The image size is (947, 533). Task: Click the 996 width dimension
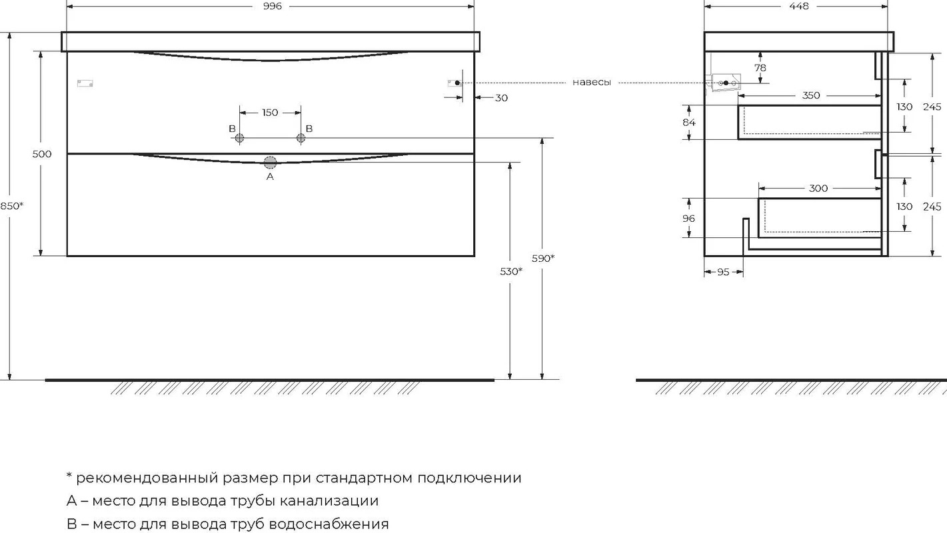[x=273, y=7]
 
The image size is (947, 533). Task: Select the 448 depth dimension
[x=798, y=7]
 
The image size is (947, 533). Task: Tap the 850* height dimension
[x=12, y=206]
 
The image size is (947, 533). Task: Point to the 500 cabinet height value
[x=42, y=154]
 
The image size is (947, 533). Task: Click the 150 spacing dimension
[x=270, y=113]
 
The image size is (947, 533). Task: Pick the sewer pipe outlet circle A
[x=270, y=163]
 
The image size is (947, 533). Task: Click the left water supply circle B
[x=240, y=138]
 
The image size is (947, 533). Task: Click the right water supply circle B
[x=301, y=138]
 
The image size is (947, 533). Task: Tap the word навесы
[x=591, y=83]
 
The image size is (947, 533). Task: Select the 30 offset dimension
[x=501, y=98]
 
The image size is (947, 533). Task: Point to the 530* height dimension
[x=511, y=271]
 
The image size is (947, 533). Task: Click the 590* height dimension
[x=543, y=258]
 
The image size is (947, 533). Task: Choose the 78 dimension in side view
[x=760, y=68]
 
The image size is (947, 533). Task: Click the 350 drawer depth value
[x=811, y=95]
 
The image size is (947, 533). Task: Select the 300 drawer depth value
[x=818, y=188]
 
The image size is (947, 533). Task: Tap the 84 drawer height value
[x=688, y=123]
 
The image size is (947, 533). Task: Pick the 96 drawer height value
[x=688, y=219]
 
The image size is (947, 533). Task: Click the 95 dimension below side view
[x=723, y=272]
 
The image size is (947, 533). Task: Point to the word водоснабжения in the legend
[x=329, y=524]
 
